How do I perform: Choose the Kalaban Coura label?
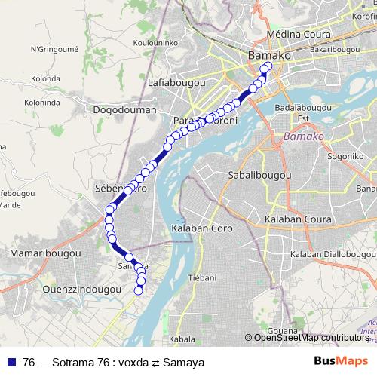[294, 219]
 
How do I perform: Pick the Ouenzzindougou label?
[82, 289]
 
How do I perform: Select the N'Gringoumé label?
[54, 50]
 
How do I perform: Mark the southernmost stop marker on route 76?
[138, 290]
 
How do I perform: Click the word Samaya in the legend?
[187, 363]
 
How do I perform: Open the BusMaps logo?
[340, 362]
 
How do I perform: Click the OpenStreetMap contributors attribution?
[311, 338]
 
